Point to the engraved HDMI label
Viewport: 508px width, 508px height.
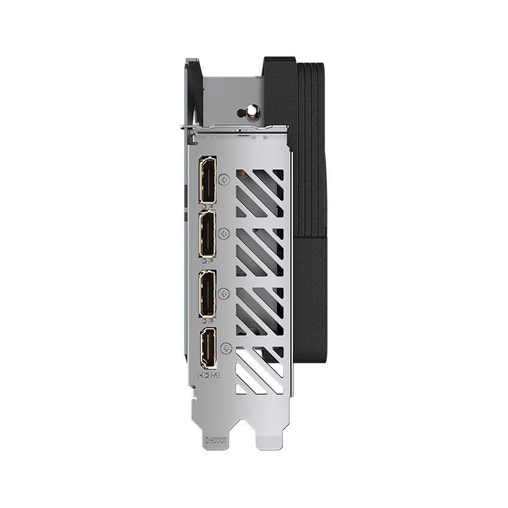[209, 375]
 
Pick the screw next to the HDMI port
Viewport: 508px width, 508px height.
[225, 347]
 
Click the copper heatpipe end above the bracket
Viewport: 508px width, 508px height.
[243, 112]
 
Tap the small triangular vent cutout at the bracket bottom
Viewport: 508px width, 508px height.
[241, 388]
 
